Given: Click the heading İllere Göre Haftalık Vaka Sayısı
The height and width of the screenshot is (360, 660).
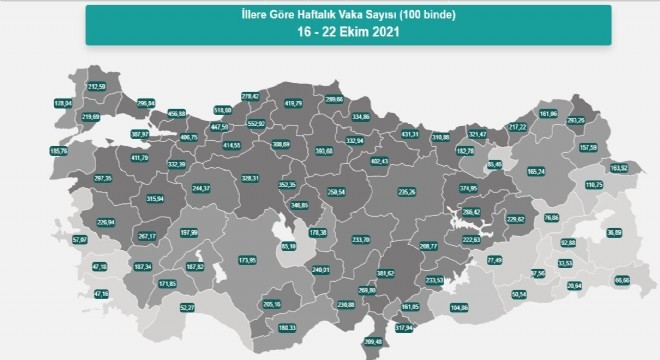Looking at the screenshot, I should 330,14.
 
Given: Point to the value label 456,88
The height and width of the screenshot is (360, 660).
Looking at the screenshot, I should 177,113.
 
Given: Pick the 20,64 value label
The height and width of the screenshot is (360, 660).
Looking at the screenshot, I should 573,286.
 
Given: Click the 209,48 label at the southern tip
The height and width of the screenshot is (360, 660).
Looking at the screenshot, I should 371,343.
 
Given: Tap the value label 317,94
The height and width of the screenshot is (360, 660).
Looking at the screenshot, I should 403,328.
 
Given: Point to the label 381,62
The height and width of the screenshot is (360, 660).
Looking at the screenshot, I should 386,273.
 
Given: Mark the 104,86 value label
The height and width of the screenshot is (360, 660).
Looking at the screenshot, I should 460,306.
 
